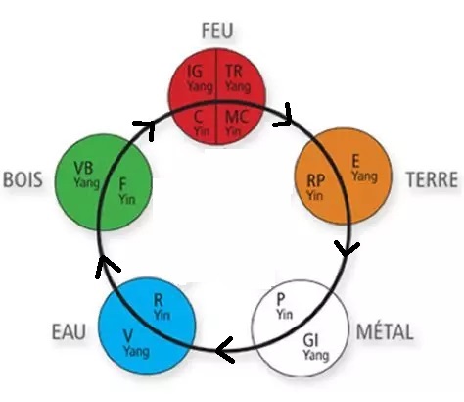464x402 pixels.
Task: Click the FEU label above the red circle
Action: (x=217, y=30)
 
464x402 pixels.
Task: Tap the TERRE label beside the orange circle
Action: (x=432, y=179)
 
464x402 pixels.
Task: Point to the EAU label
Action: (x=69, y=331)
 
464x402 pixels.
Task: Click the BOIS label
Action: (x=23, y=179)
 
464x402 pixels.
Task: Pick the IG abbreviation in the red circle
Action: (x=195, y=72)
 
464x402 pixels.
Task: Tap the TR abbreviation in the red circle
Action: (x=234, y=72)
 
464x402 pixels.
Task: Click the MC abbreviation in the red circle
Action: (x=237, y=117)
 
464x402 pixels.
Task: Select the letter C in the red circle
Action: (x=198, y=117)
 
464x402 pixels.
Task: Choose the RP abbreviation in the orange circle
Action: (x=315, y=180)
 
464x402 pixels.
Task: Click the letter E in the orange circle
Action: (x=355, y=161)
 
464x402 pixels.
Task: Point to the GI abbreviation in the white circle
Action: (x=310, y=341)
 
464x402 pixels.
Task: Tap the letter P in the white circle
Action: (x=281, y=299)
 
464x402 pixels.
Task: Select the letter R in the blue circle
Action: (x=159, y=301)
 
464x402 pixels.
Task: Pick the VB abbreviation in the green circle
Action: (x=83, y=169)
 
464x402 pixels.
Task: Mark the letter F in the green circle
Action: (x=122, y=184)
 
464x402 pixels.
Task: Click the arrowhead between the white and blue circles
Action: (x=225, y=350)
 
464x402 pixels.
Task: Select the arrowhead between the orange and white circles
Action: (x=347, y=248)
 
